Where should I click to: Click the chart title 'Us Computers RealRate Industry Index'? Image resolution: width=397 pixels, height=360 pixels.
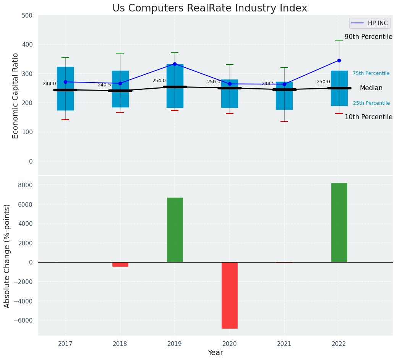click(209, 8)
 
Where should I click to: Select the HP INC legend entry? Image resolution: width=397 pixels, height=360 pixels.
click(369, 23)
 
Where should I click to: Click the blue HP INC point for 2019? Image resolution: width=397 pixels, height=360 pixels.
click(175, 64)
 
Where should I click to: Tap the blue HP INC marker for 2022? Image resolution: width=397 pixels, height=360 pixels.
click(339, 60)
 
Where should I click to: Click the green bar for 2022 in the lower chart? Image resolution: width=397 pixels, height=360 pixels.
click(339, 222)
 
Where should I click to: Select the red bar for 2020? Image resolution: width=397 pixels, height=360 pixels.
click(230, 295)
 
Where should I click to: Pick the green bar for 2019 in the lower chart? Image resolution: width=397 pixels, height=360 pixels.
click(175, 230)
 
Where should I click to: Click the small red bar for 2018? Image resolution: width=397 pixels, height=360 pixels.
click(120, 264)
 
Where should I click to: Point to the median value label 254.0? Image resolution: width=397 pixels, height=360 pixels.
click(159, 81)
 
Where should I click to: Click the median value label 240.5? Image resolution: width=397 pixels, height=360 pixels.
click(104, 85)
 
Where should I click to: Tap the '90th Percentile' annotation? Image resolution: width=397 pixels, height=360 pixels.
click(368, 37)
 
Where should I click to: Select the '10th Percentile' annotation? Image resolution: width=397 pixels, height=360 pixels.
click(368, 117)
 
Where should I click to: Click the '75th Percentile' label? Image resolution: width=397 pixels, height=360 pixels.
click(371, 73)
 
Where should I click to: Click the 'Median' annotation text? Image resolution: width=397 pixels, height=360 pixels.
click(371, 88)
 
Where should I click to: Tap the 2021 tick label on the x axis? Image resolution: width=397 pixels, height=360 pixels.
click(284, 344)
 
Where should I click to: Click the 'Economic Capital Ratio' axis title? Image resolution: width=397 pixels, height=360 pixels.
click(16, 96)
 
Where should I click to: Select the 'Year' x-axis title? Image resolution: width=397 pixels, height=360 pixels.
click(215, 353)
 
